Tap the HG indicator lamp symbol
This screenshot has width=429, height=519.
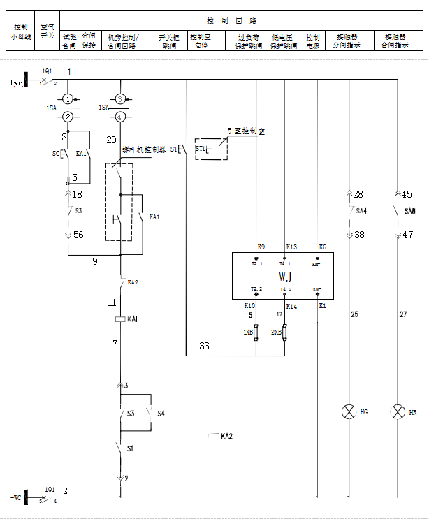(x=348, y=411)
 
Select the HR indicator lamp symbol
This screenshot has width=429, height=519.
(x=398, y=411)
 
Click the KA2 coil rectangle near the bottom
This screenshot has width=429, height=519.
(x=214, y=437)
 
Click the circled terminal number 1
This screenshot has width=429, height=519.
(x=68, y=99)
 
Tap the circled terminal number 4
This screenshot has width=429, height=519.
(x=121, y=117)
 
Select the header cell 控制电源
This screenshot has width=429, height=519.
(x=312, y=41)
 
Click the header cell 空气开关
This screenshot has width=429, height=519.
(x=47, y=31)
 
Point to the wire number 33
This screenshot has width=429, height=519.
(x=204, y=346)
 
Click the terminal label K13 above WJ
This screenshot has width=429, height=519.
(x=291, y=247)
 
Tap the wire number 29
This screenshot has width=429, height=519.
(x=111, y=140)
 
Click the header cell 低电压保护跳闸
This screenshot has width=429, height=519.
(x=284, y=41)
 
